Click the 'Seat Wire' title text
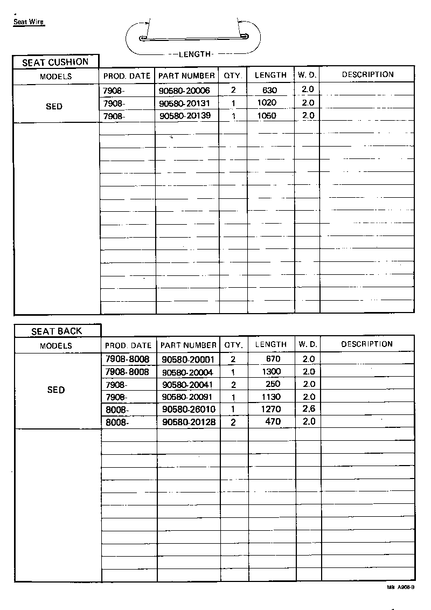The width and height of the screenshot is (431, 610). coord(29,23)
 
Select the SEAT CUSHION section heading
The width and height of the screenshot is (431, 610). coord(55,62)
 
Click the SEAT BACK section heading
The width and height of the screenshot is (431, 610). coord(57,331)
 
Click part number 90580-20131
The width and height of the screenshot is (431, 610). coord(185,103)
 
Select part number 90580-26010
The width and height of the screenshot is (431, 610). coord(189,409)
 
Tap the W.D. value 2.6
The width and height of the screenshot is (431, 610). coord(309,408)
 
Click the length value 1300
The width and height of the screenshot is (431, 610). coord(271,372)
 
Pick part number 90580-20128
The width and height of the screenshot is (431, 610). coord(189,422)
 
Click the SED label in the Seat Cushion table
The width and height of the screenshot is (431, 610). coord(54,107)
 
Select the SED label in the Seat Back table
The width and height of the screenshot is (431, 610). coord(56,390)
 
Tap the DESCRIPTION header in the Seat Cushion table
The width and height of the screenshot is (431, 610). coord(367,75)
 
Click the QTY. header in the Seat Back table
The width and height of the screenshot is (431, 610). coord(233,345)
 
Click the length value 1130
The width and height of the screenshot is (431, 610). coord(271,397)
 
